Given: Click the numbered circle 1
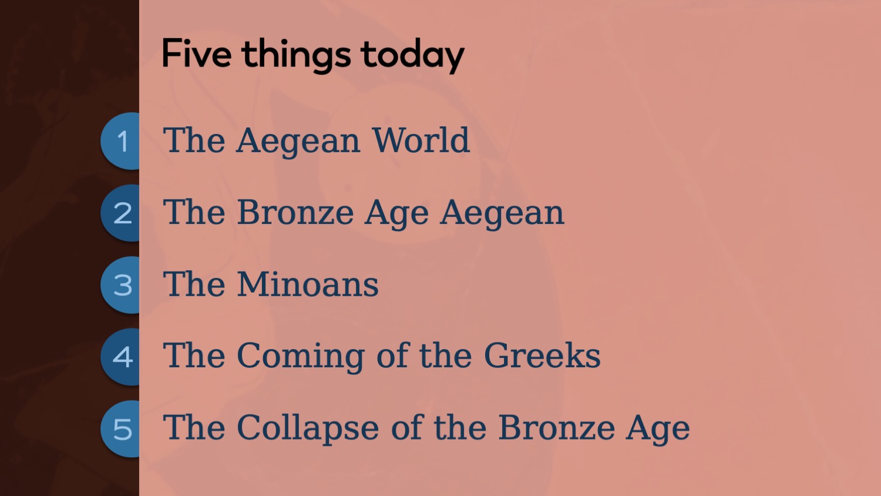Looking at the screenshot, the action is click(x=120, y=141).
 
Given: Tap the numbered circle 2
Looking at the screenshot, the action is click(x=120, y=213).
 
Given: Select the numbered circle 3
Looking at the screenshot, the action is click(x=120, y=285).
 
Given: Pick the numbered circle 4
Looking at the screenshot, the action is click(x=120, y=357).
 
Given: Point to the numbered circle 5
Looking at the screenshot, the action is click(x=120, y=429).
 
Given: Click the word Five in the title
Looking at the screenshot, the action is click(x=197, y=53).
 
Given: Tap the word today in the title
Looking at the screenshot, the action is click(x=412, y=56).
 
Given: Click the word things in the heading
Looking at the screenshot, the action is click(x=296, y=56).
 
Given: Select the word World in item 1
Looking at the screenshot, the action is click(x=421, y=140).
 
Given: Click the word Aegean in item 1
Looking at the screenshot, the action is click(x=298, y=143).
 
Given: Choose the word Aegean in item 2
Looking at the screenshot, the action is click(x=502, y=215).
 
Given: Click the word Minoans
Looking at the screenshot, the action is click(x=308, y=284).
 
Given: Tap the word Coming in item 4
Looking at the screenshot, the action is click(x=301, y=357).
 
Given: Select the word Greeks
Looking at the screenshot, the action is click(x=542, y=356).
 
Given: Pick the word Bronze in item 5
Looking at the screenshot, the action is click(x=557, y=427).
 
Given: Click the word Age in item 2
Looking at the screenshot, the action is click(x=396, y=215).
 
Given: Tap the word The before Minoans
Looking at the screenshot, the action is click(x=194, y=284).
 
